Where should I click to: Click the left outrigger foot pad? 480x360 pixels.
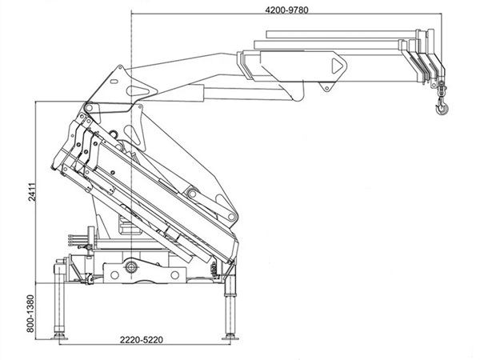tap(59, 336)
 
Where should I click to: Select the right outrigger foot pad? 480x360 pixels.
tap(230, 334)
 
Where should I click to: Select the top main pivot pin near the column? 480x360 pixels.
tap(91, 109)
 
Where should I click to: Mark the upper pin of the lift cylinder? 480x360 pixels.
tap(192, 194)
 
